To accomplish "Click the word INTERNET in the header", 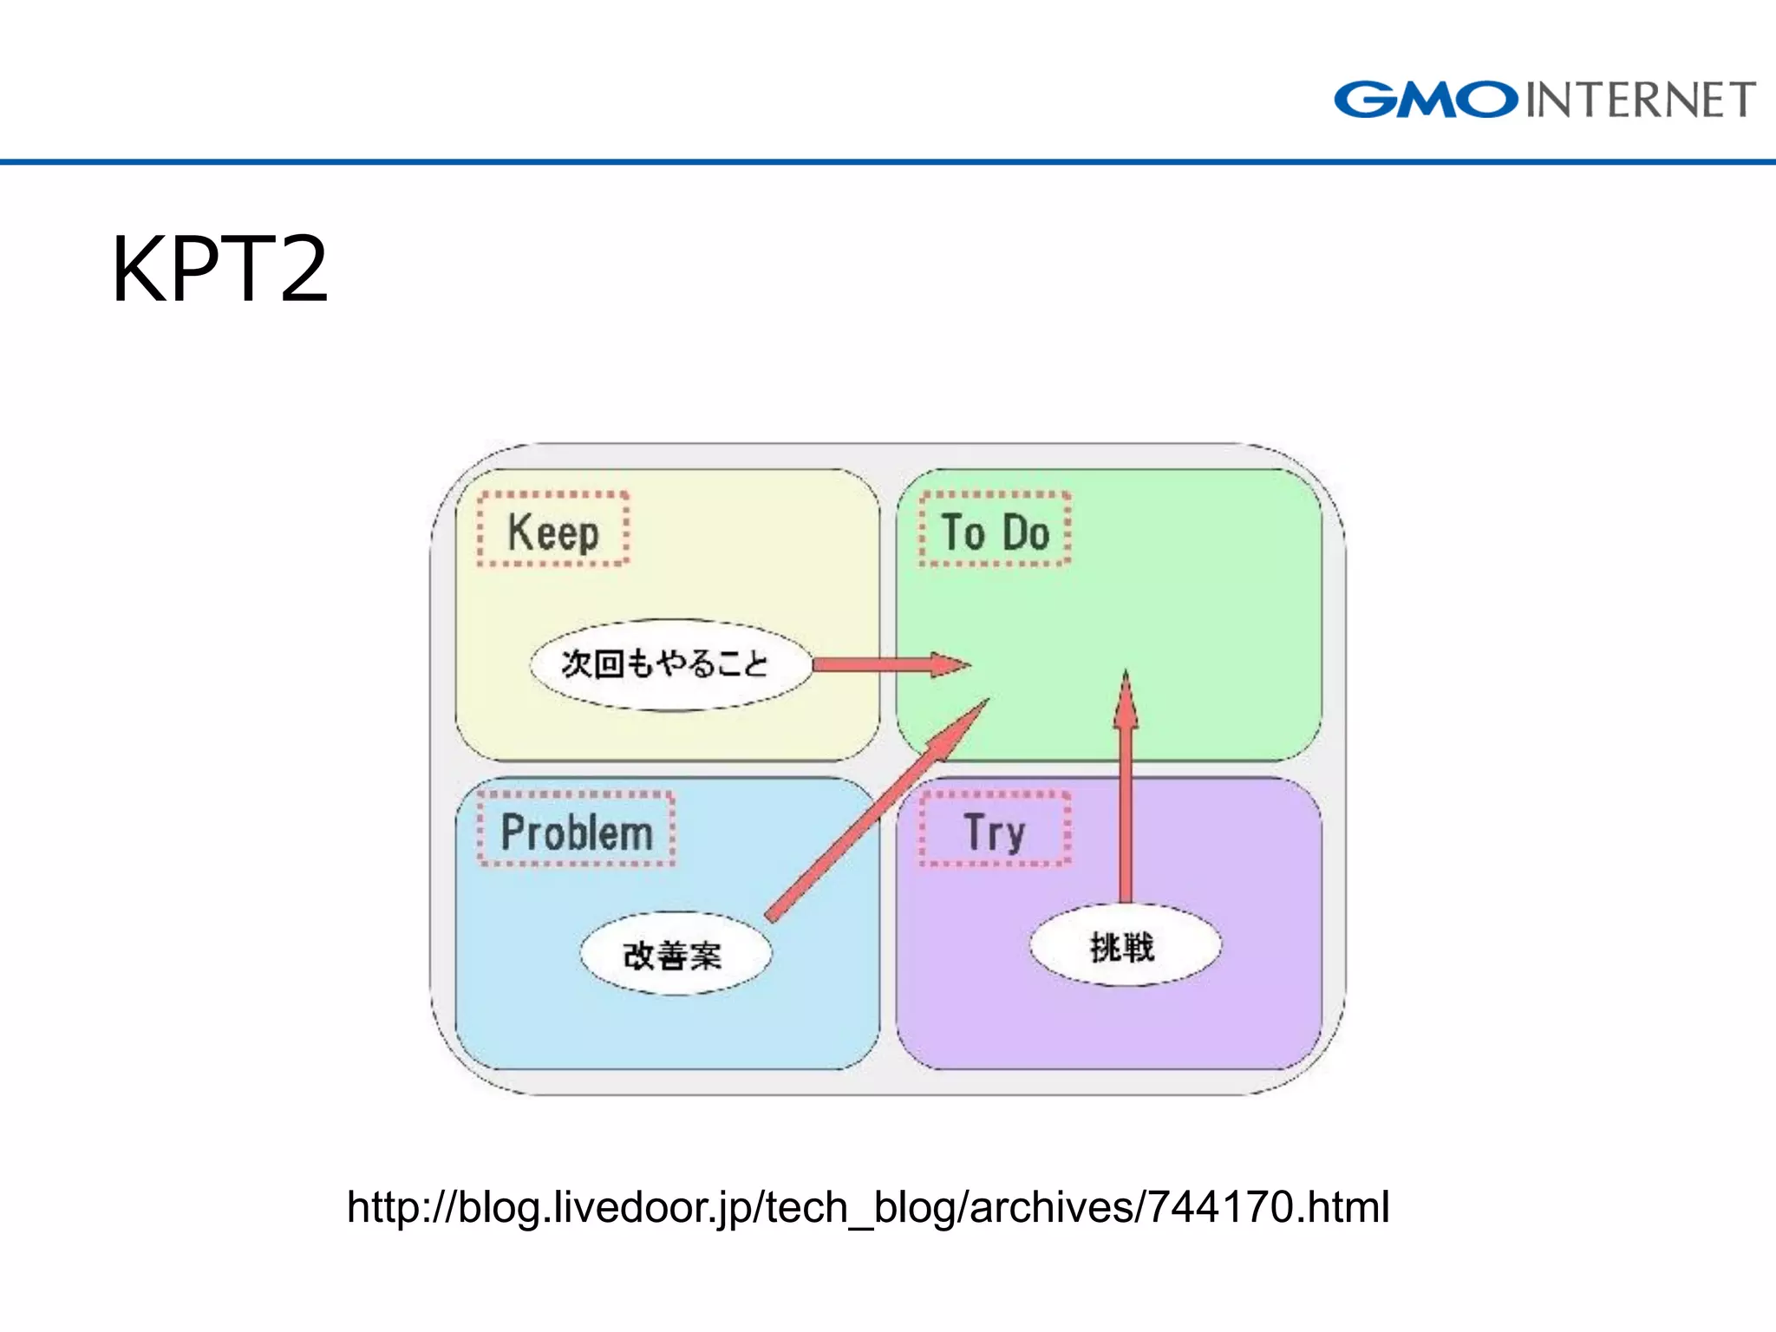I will (x=1641, y=100).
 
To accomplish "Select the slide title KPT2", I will (x=219, y=270).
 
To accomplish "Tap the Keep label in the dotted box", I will (x=553, y=532).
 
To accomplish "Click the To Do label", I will (x=996, y=532).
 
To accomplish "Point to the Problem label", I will (x=577, y=832).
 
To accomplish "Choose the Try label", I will (x=995, y=832).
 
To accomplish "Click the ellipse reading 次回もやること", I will (x=669, y=665).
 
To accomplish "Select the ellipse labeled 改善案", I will (x=675, y=954).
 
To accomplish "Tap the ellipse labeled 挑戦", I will (x=1124, y=946).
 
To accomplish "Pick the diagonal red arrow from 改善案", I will (x=876, y=811).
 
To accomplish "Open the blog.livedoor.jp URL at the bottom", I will (x=867, y=1206).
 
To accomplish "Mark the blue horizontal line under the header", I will (x=888, y=161).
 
